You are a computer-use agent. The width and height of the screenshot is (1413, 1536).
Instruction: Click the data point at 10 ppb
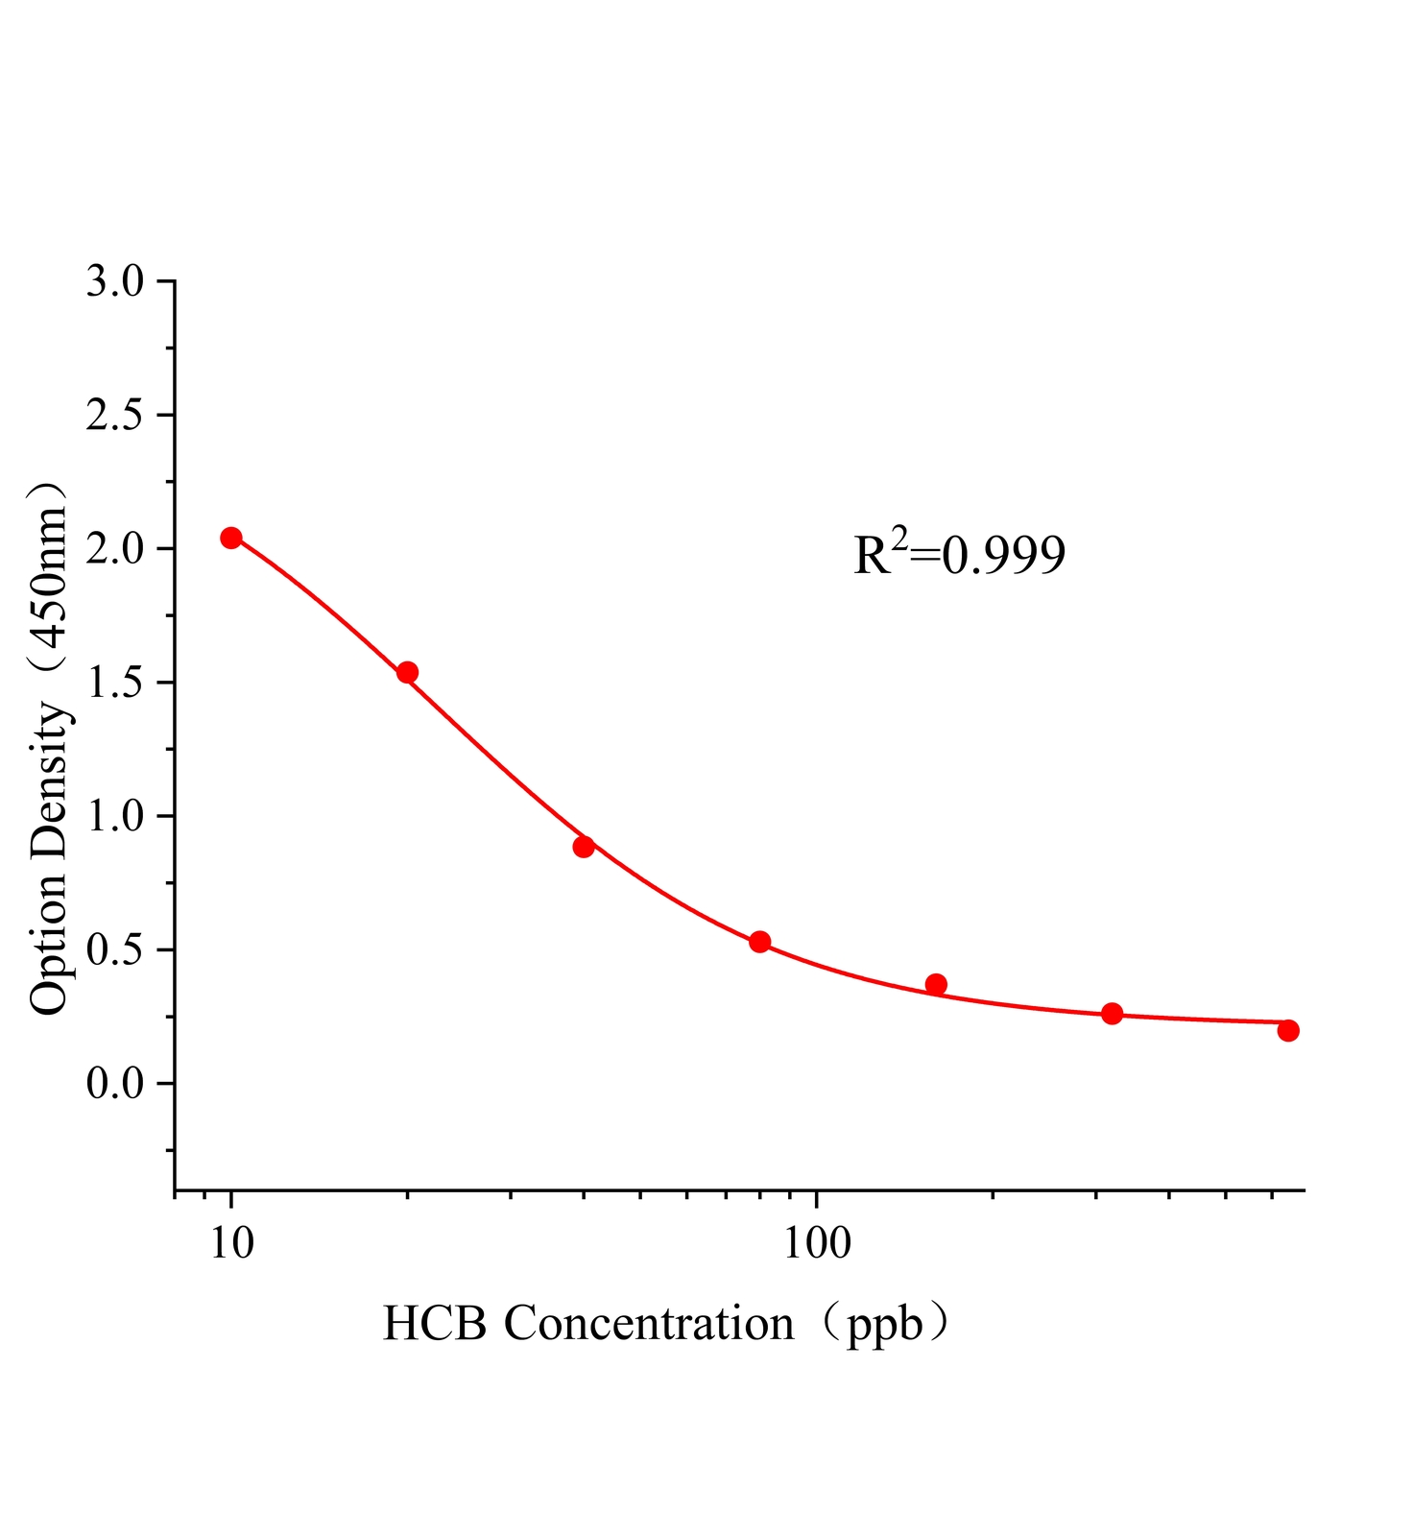(x=231, y=538)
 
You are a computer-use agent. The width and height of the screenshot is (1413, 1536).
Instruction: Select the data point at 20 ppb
(x=407, y=672)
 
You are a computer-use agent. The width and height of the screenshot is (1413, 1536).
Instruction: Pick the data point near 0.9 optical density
(x=584, y=847)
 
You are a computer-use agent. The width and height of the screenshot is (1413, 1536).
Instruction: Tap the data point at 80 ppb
(x=759, y=942)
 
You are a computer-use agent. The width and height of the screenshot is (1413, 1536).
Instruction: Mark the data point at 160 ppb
(x=936, y=984)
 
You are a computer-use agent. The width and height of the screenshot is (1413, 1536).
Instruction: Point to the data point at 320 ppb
(x=1112, y=1014)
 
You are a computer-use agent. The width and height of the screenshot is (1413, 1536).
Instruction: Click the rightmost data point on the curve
(x=1288, y=1030)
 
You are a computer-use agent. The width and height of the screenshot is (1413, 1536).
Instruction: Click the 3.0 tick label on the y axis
(x=114, y=281)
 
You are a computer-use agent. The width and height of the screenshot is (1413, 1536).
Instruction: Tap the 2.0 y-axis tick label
(x=114, y=549)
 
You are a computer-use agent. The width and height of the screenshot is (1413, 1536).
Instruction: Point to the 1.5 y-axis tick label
(x=114, y=683)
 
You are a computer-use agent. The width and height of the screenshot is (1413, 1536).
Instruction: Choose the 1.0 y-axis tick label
(x=114, y=816)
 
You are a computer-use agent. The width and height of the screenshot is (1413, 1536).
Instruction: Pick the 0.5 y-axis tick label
(x=114, y=950)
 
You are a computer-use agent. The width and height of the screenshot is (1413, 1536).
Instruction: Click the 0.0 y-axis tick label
(x=114, y=1084)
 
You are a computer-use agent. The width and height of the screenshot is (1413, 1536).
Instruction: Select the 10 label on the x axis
(x=231, y=1243)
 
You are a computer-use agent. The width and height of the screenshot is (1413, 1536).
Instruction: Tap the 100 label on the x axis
(x=817, y=1243)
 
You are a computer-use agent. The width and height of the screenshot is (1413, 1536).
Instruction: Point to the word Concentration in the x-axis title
(x=649, y=1324)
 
